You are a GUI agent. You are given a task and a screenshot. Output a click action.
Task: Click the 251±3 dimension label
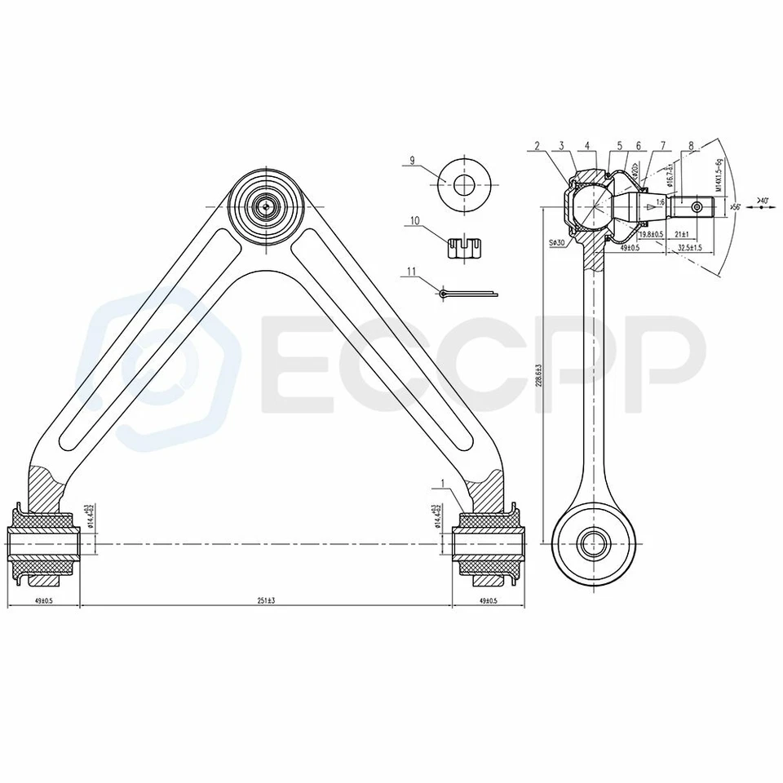pyautogui.click(x=265, y=600)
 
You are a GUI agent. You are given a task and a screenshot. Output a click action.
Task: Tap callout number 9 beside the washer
pyautogui.click(x=414, y=161)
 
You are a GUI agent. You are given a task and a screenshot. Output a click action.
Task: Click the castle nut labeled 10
pyautogui.click(x=462, y=246)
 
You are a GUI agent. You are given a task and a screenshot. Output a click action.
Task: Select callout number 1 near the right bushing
pyautogui.click(x=441, y=484)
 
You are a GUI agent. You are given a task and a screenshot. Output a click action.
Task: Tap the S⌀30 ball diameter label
pyautogui.click(x=558, y=242)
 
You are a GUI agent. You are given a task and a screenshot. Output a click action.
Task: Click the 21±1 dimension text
pyautogui.click(x=682, y=234)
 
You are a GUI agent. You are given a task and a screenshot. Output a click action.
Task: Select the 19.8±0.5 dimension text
pyautogui.click(x=652, y=234)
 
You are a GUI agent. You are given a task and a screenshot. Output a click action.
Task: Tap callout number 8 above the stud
pyautogui.click(x=691, y=146)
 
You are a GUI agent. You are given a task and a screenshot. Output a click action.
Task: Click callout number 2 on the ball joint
pyautogui.click(x=537, y=146)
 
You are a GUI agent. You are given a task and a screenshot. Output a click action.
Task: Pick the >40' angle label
pyautogui.click(x=763, y=198)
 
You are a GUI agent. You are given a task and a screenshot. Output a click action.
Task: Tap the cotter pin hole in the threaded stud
pyautogui.click(x=697, y=207)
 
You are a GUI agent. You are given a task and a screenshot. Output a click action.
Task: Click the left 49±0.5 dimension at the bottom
pyautogui.click(x=42, y=600)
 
